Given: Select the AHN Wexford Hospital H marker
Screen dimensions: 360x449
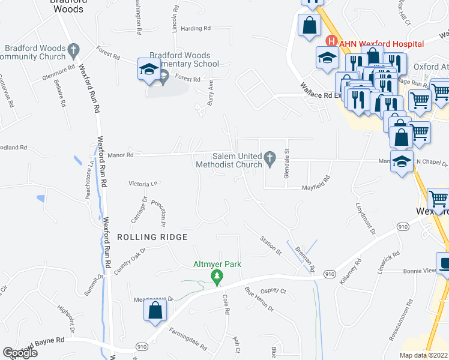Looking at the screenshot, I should pos(330,41).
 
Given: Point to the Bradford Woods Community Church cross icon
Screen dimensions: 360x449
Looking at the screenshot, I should pos(73,48).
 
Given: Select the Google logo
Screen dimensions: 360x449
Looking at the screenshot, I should pos(20,353).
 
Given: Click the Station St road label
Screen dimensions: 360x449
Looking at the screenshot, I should pos(271,244).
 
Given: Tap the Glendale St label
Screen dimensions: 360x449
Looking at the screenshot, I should pos(286,158).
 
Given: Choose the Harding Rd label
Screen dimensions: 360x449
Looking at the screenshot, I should pos(196,28).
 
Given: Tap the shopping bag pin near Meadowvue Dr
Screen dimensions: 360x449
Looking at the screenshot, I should pos(155,310).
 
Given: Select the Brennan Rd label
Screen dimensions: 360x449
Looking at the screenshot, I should pos(305,257).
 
